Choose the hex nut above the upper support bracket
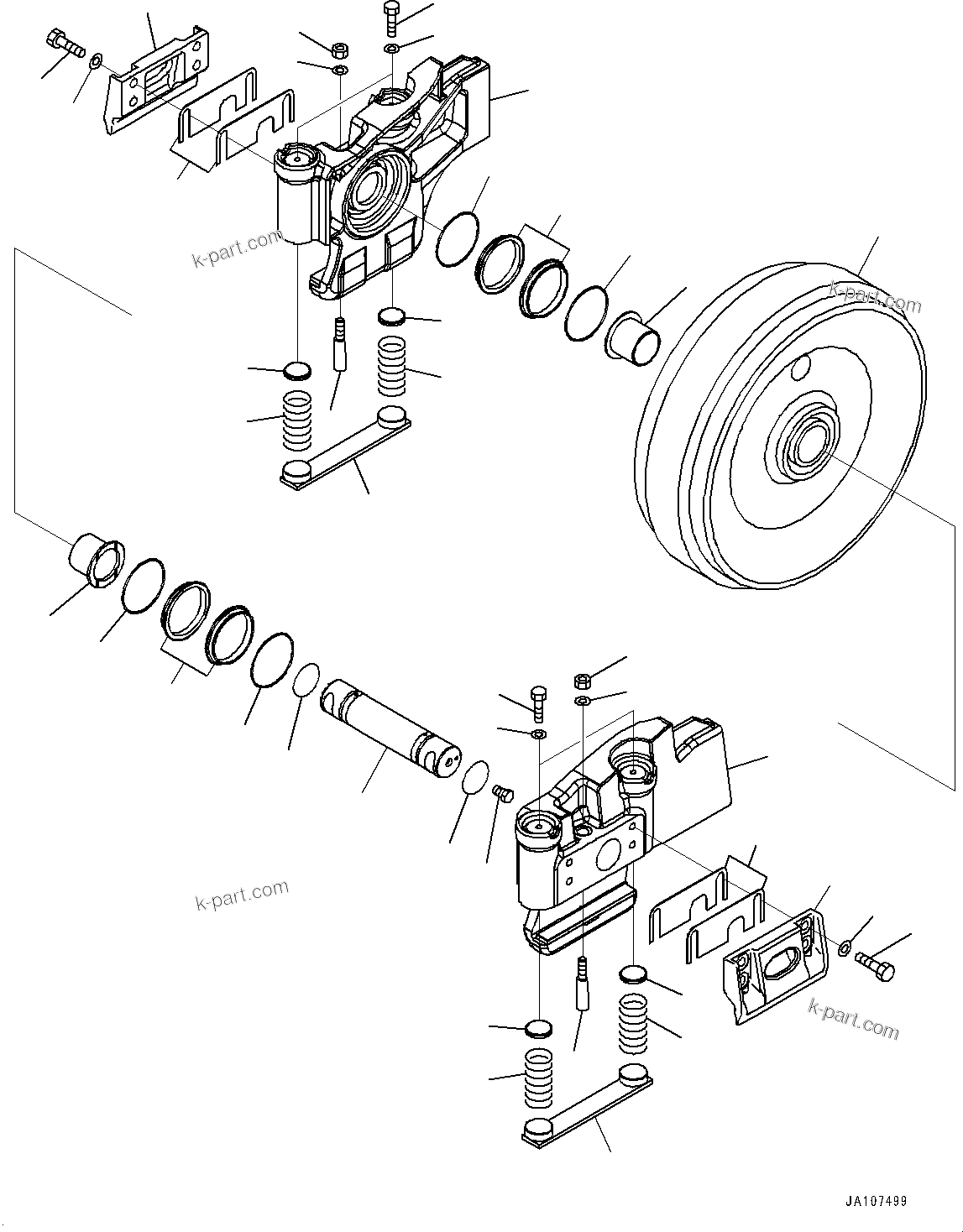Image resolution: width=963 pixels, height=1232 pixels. click(x=340, y=49)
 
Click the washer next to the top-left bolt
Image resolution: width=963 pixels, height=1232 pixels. click(x=96, y=60)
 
